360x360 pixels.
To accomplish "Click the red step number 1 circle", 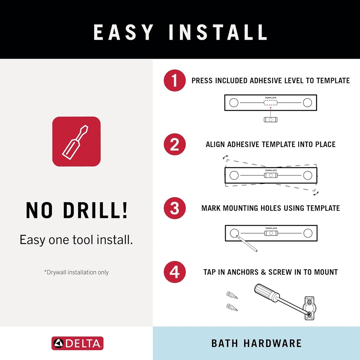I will [x=174, y=81].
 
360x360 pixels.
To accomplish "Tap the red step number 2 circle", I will [x=174, y=144].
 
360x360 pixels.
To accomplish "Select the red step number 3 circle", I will [x=174, y=208].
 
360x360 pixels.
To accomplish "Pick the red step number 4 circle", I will [x=174, y=272].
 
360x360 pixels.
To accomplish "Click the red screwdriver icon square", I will [x=76, y=141].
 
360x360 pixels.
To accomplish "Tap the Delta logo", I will [x=77, y=343].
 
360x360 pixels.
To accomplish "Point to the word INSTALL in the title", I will [x=218, y=32].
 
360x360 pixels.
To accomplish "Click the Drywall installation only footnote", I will [x=76, y=272].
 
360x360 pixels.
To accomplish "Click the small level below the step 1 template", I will [x=270, y=120].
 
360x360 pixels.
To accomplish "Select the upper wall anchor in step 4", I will [x=232, y=295].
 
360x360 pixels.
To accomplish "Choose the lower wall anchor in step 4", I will [x=232, y=307].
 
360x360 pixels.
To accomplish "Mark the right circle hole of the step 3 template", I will [x=308, y=233].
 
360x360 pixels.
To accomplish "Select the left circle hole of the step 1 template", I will [x=233, y=103].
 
